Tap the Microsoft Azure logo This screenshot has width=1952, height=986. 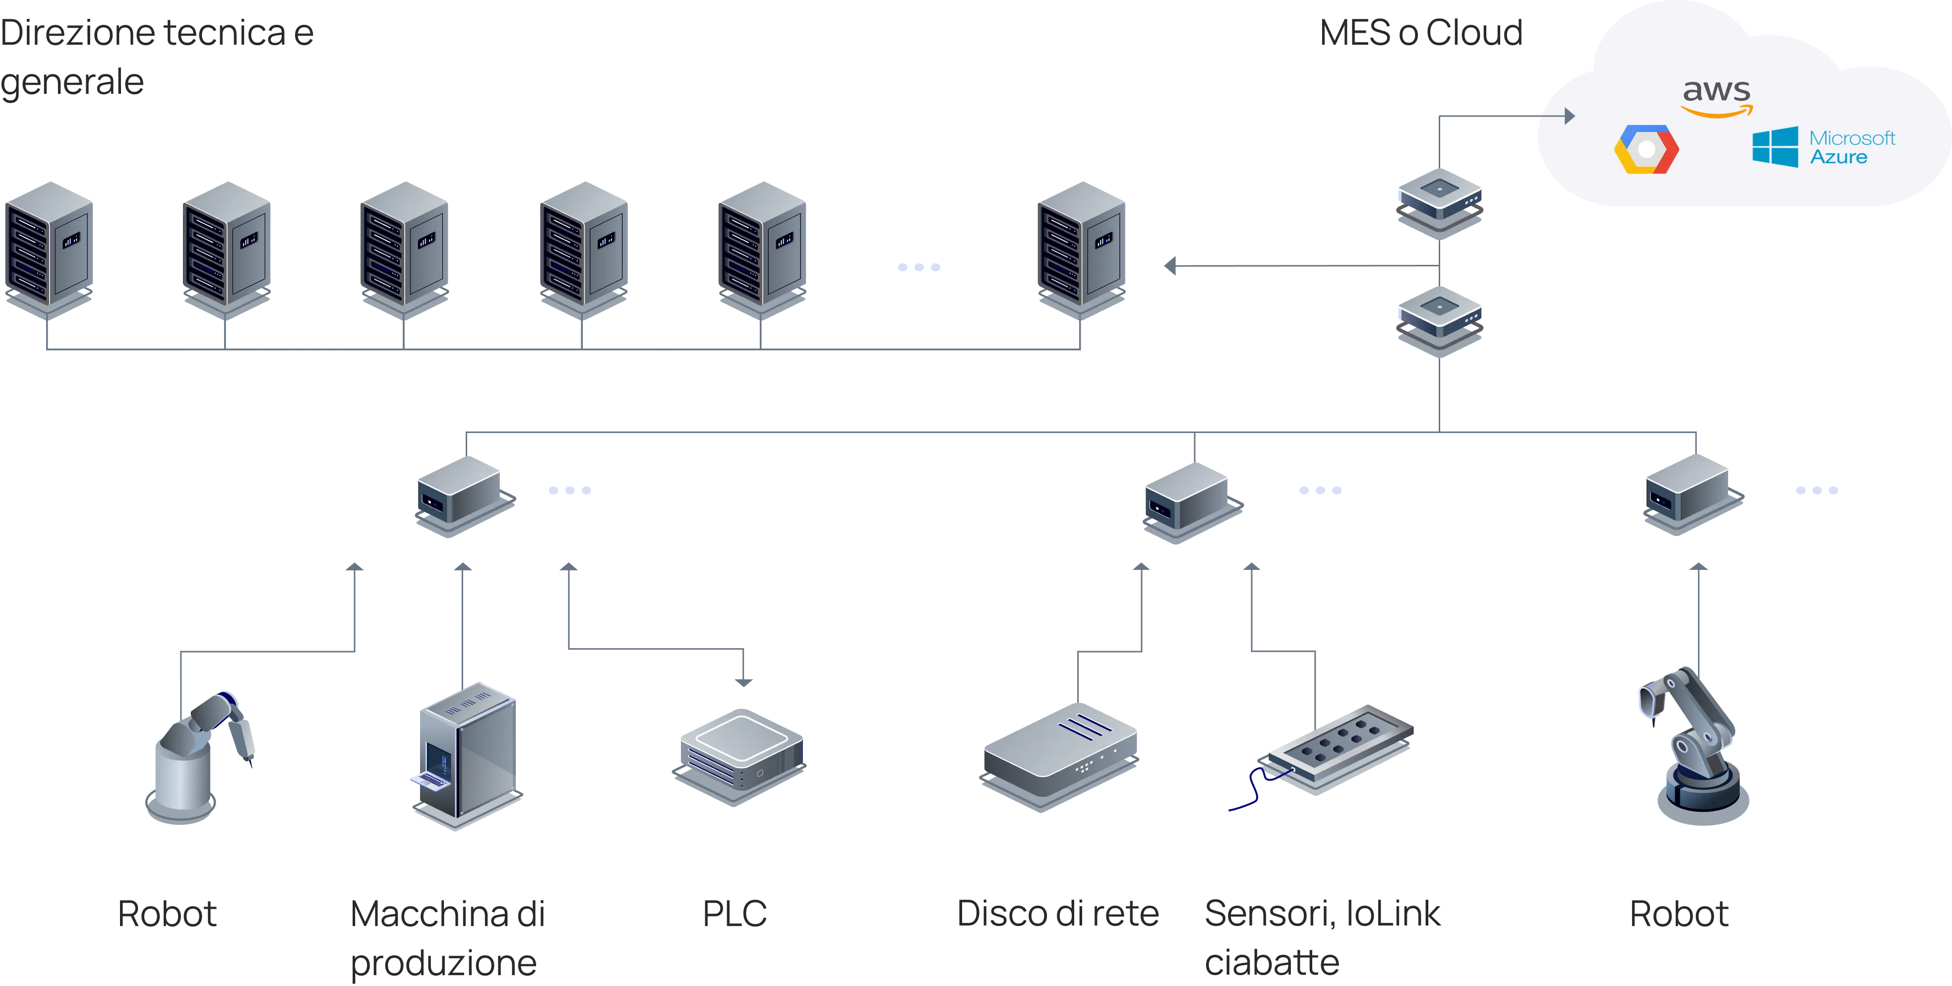[x=1823, y=147]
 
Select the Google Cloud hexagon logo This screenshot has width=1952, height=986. [x=1646, y=149]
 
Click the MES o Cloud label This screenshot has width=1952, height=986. [x=1421, y=33]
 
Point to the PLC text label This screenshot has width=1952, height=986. [x=734, y=913]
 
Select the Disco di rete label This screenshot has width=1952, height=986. [x=1058, y=913]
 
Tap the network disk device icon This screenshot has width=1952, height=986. [x=1059, y=758]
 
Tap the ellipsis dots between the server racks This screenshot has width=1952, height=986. [x=917, y=267]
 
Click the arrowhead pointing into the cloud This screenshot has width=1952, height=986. [x=1569, y=116]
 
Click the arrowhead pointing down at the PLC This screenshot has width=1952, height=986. [x=744, y=683]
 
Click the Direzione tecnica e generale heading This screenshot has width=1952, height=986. [x=155, y=57]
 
